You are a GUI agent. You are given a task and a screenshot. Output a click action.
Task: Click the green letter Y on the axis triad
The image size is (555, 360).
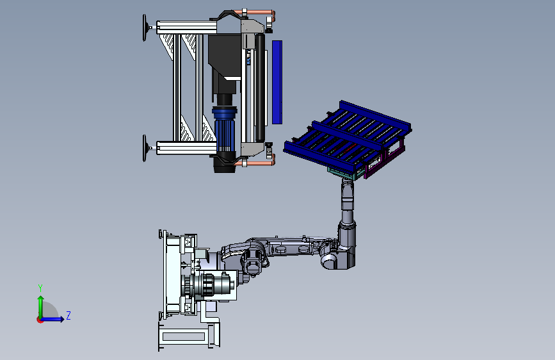point(40,288)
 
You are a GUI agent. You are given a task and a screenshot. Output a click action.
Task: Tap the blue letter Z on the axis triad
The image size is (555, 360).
point(68,315)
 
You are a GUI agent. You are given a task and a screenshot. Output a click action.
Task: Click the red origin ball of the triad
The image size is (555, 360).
point(40,320)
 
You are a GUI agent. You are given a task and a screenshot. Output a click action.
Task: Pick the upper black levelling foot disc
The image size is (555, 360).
point(145,28)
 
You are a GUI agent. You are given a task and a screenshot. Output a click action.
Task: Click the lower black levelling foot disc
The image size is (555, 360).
point(145,148)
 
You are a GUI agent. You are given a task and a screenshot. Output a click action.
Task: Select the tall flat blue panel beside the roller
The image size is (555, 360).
point(277,82)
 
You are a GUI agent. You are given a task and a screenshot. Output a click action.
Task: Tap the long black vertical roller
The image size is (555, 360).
point(260,87)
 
